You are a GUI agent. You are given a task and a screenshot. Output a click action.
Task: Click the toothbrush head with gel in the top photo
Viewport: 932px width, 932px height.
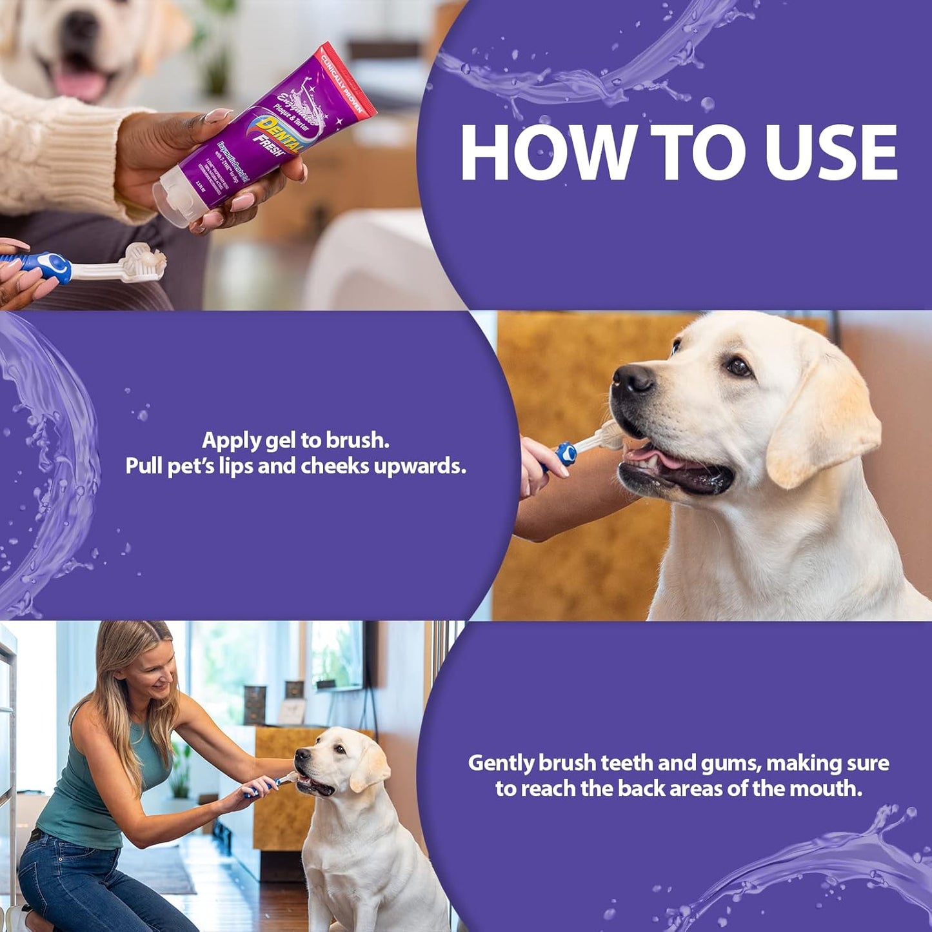point(146,261)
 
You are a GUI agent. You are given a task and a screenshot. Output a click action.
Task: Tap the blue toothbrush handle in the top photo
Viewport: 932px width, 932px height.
point(45,264)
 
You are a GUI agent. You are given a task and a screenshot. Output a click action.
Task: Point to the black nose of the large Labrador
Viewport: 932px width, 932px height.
point(633,378)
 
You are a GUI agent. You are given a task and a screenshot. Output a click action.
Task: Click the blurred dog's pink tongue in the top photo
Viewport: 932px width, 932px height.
point(81,81)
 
